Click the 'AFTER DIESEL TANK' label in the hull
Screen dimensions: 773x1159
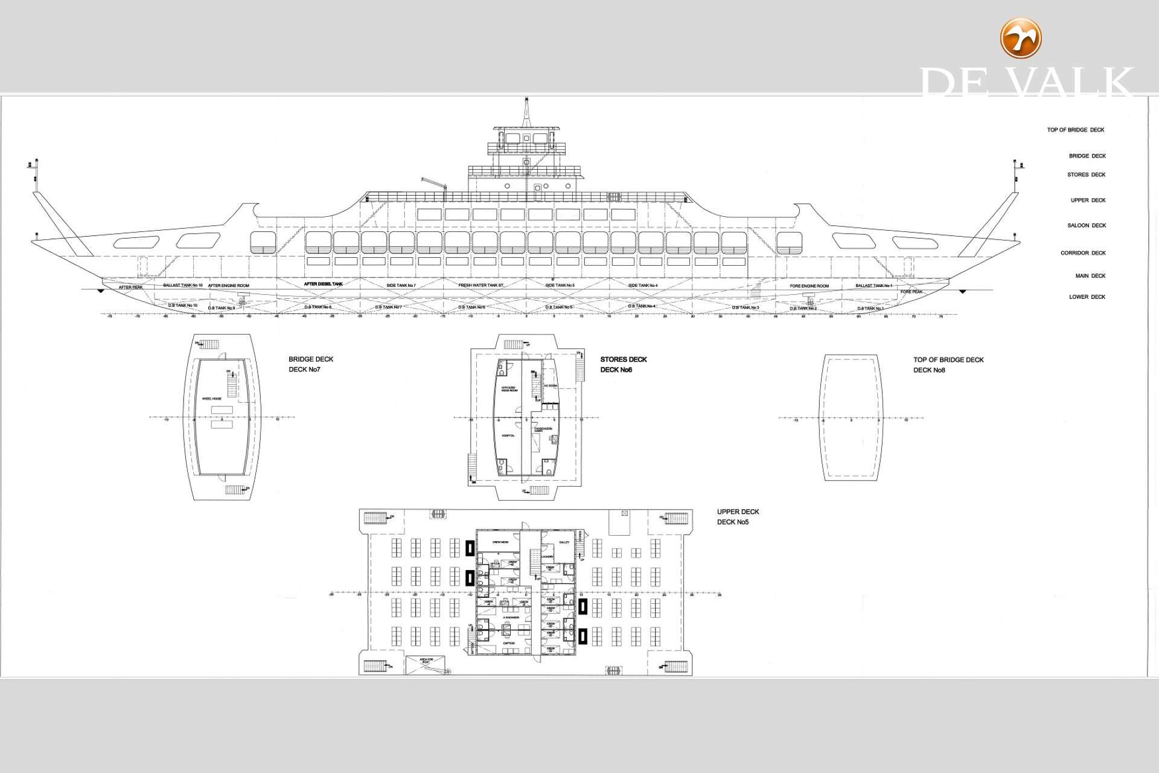(x=323, y=284)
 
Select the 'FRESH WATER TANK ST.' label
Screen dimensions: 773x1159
(x=481, y=285)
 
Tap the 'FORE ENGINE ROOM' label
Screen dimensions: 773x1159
(x=809, y=286)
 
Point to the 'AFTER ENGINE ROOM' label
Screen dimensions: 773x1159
(x=228, y=285)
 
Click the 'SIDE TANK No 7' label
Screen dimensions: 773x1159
(x=401, y=285)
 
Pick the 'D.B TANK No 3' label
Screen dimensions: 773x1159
(x=746, y=307)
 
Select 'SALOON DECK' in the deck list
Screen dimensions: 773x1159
(x=1087, y=226)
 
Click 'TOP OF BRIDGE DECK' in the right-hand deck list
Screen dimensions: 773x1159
(x=1076, y=130)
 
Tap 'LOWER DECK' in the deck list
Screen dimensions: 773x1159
(x=1087, y=297)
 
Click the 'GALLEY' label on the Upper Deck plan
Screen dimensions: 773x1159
(x=564, y=542)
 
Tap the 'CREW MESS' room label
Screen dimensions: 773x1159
(x=500, y=542)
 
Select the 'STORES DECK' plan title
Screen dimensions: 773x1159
(x=623, y=359)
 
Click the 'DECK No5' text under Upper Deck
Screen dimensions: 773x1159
(x=732, y=522)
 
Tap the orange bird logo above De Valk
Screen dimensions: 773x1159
(x=1021, y=38)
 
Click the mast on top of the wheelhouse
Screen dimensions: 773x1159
(x=527, y=112)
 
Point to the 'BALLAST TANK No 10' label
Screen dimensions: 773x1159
(x=182, y=284)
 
